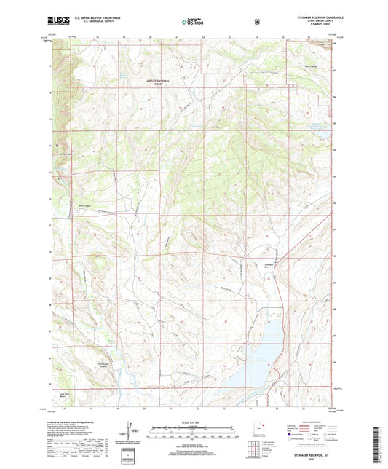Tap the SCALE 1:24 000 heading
tap(193, 423)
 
